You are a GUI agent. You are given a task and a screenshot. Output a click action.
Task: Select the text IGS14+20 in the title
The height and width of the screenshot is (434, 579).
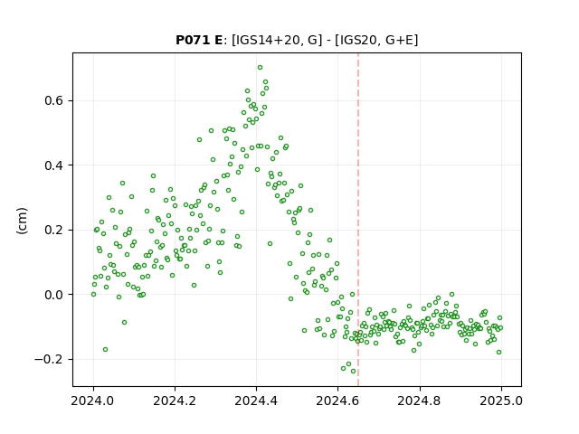click(x=265, y=40)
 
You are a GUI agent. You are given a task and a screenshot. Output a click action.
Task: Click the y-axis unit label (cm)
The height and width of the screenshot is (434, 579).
click(x=22, y=221)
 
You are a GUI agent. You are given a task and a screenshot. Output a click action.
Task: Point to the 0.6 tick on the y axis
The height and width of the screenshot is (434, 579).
click(x=55, y=100)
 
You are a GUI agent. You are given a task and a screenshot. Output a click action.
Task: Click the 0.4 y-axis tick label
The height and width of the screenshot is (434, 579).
click(x=55, y=165)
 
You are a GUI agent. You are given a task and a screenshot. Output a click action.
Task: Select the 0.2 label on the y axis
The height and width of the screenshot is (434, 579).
click(x=55, y=230)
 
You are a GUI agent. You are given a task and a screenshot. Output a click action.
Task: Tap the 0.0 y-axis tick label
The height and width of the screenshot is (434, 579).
click(x=55, y=295)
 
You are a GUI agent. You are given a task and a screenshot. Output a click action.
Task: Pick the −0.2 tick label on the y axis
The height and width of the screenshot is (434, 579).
click(x=51, y=359)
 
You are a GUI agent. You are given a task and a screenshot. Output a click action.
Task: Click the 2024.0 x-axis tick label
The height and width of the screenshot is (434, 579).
click(x=93, y=401)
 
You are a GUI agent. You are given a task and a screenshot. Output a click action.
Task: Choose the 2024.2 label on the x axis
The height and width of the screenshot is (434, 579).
click(x=175, y=401)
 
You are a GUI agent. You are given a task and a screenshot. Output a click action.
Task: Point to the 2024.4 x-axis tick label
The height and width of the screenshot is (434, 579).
click(x=256, y=401)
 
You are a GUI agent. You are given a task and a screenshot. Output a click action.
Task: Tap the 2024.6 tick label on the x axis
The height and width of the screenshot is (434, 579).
click(x=337, y=401)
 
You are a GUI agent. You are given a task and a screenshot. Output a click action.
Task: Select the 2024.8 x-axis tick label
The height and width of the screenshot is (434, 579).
click(x=420, y=401)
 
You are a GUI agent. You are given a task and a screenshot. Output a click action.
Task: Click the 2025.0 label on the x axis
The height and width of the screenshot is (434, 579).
click(x=501, y=401)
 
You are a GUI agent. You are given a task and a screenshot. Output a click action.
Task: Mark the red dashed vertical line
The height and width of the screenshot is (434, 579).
click(x=358, y=220)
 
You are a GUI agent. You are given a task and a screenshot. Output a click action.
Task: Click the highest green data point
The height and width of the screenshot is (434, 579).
click(x=260, y=68)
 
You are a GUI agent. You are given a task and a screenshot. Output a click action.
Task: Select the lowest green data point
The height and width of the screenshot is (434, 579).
click(x=353, y=372)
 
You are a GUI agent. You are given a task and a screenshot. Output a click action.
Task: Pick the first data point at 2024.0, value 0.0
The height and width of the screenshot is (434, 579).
click(x=93, y=295)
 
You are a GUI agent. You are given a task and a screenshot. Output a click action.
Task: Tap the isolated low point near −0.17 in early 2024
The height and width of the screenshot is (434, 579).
click(x=105, y=350)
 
